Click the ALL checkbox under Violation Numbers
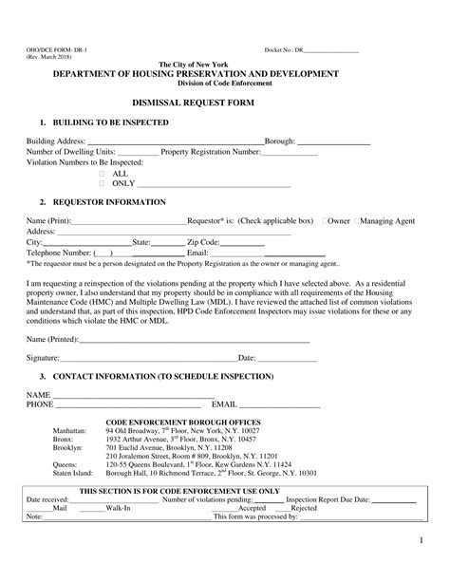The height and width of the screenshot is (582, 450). (x=103, y=173)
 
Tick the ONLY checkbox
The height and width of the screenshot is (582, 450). (x=103, y=182)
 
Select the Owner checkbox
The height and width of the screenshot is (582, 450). (x=325, y=220)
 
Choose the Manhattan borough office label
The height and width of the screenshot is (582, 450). (x=70, y=404)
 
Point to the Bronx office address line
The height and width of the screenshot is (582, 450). (x=180, y=413)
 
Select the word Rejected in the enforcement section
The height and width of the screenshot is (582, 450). (x=304, y=508)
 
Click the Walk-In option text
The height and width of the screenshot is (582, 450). (x=118, y=508)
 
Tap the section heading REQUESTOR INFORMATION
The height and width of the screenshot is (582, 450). (x=103, y=202)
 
